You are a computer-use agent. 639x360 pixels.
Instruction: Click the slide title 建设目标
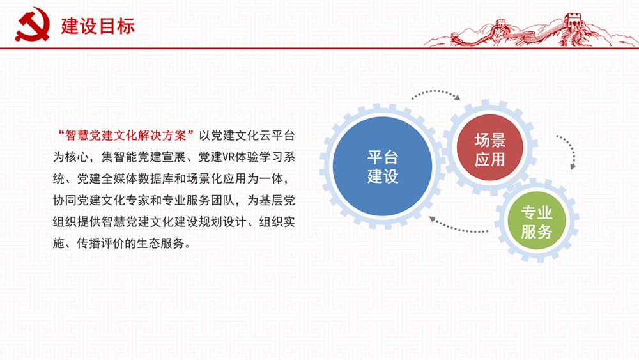pos(98,26)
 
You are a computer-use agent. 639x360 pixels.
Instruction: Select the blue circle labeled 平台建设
pos(382,166)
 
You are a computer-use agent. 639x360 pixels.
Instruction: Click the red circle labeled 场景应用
pos(489,148)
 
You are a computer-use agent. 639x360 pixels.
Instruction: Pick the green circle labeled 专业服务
pos(536,221)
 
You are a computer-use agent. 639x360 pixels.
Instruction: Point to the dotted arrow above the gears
pos(436,92)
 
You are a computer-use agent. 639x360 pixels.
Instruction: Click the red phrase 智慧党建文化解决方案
pos(126,136)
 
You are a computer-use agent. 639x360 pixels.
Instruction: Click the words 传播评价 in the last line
pos(101,244)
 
